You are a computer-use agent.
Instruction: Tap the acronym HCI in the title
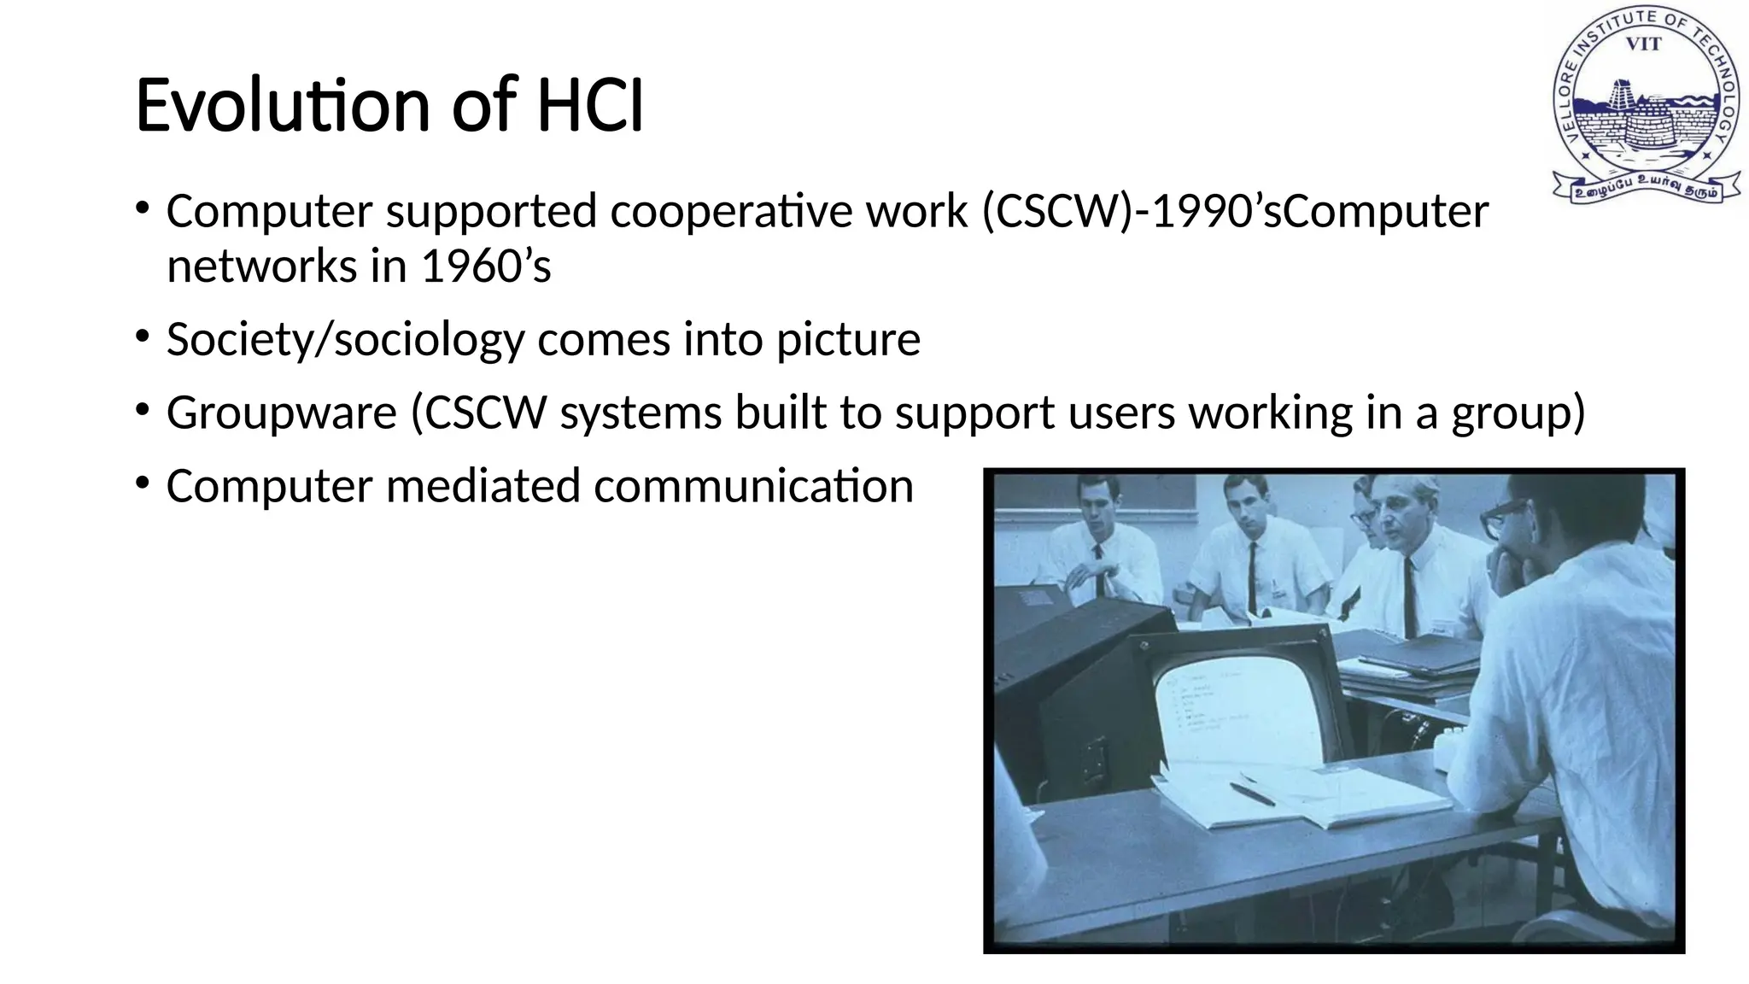coord(589,106)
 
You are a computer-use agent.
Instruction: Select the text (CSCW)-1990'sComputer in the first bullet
coord(1235,212)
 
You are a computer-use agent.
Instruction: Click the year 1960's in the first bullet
coord(486,266)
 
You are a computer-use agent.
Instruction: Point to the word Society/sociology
coord(345,340)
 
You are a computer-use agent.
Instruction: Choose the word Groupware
coord(282,413)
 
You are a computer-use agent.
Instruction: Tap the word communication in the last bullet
coord(753,486)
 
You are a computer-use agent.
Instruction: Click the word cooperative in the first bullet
coord(731,212)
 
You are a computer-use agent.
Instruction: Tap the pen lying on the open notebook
coord(1252,794)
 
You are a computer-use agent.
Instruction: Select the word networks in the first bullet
coord(261,266)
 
